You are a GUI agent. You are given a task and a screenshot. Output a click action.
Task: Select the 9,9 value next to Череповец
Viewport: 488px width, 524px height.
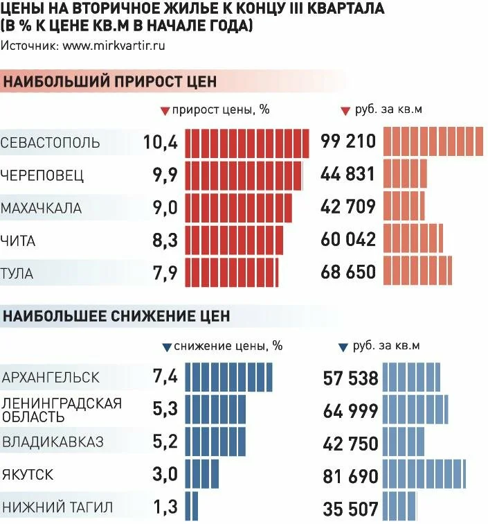point(165,175)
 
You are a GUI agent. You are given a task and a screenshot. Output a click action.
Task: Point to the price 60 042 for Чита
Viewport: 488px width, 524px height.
point(348,239)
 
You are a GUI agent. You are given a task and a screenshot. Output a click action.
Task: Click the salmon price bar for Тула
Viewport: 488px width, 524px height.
point(417,271)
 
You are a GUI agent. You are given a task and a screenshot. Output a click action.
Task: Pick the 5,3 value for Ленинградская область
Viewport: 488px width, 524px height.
point(165,410)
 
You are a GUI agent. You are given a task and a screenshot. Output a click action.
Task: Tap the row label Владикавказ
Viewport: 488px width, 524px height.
point(53,442)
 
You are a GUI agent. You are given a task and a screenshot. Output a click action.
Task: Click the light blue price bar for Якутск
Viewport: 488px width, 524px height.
point(424,475)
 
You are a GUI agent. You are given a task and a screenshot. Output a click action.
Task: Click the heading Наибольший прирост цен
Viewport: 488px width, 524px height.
point(111,82)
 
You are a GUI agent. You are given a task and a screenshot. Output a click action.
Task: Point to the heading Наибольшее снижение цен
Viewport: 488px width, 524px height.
point(117,316)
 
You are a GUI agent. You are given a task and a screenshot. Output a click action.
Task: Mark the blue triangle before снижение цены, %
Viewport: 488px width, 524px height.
point(166,346)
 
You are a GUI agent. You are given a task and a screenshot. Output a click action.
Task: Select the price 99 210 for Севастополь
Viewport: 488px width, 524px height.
point(348,143)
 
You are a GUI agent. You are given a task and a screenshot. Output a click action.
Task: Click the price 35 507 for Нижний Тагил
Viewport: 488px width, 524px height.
point(351,508)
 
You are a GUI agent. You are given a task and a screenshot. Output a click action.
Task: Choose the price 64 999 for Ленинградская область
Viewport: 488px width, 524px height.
point(351,411)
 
